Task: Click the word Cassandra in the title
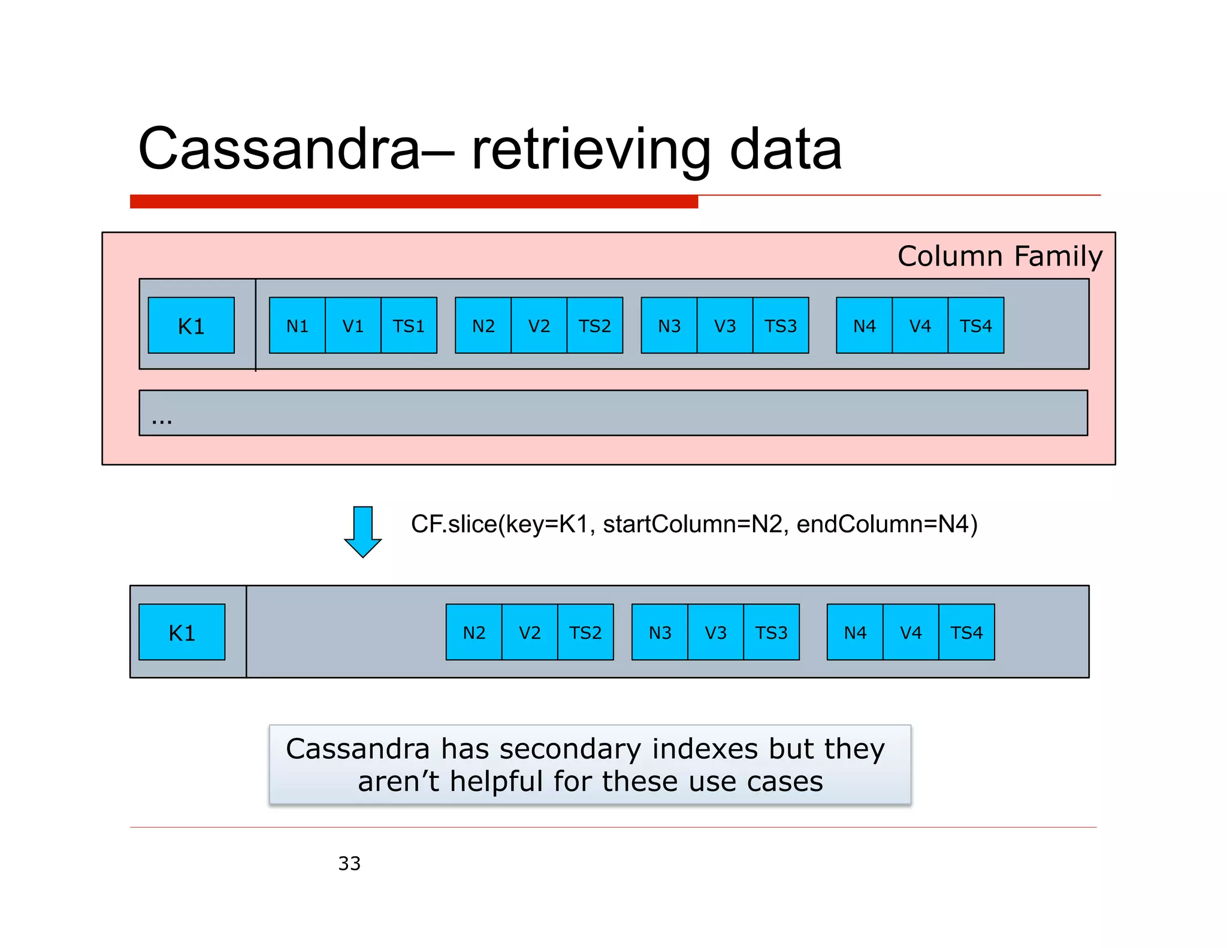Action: point(279,149)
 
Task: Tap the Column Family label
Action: point(999,256)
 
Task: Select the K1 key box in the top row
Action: point(191,326)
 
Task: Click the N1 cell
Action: point(297,326)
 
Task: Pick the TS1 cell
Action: point(409,326)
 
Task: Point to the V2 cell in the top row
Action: point(539,326)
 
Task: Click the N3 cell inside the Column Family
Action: point(669,326)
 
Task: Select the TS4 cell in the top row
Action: point(975,326)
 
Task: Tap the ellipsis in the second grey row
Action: point(162,420)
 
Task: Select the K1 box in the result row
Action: point(182,633)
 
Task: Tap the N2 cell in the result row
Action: point(474,633)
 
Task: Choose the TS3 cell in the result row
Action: point(771,633)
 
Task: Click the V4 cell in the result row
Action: point(911,633)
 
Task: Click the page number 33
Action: point(349,864)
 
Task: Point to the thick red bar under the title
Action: point(413,202)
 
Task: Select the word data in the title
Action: point(785,149)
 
